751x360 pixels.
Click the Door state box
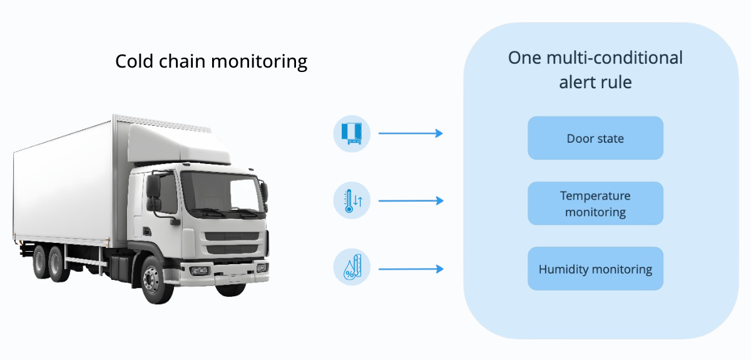(595, 138)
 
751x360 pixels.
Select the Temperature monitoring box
(595, 203)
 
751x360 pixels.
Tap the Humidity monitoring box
(595, 269)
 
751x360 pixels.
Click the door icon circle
(352, 133)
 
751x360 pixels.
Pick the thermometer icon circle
(352, 200)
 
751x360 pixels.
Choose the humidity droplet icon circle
(352, 267)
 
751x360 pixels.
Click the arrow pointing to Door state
(411, 133)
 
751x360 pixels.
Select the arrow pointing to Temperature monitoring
(411, 200)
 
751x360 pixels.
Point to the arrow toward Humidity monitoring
(411, 269)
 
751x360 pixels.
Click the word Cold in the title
(135, 61)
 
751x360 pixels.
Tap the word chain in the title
(182, 61)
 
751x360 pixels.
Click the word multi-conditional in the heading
(615, 58)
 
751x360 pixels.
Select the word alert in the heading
(576, 82)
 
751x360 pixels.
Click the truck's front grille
(232, 242)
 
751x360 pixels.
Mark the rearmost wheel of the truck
(41, 262)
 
